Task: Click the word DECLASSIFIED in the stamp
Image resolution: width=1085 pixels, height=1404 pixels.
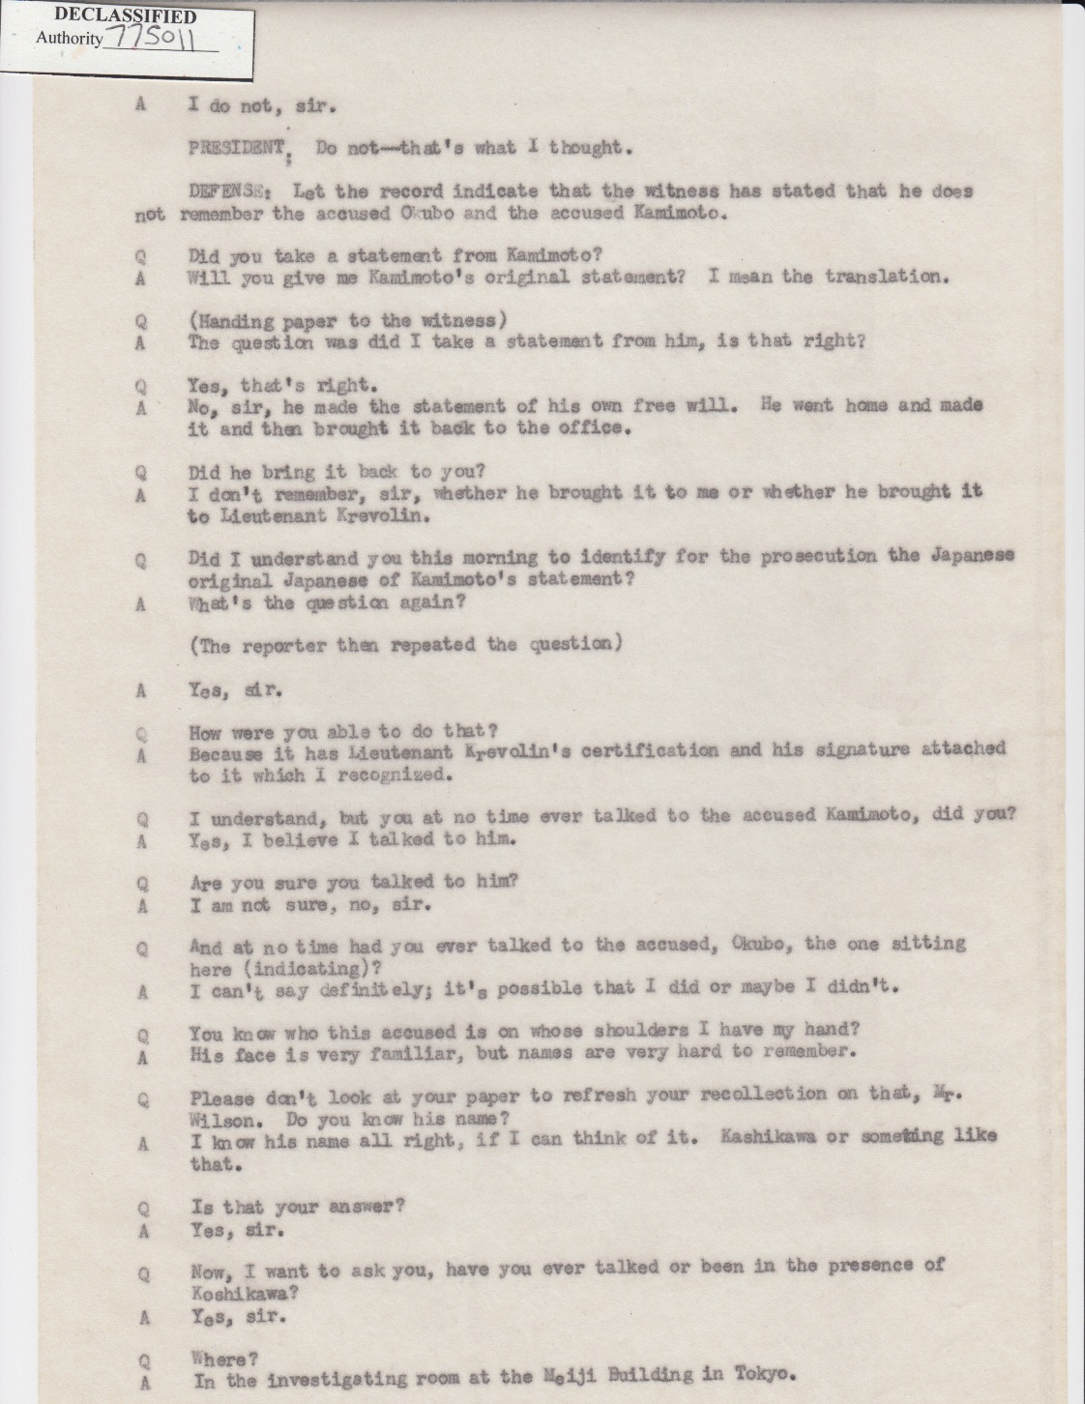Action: (x=112, y=15)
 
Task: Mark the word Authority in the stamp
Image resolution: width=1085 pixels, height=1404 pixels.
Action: (x=69, y=39)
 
